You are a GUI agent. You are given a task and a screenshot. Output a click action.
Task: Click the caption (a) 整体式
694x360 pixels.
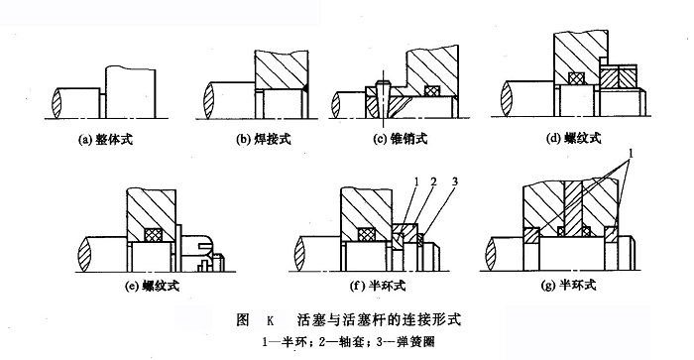point(105,140)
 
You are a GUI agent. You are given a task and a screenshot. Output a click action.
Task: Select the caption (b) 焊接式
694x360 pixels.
point(264,140)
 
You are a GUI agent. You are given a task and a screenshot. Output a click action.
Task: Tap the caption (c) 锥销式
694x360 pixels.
point(401,139)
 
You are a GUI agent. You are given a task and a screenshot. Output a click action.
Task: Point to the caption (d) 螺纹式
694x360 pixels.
point(574,138)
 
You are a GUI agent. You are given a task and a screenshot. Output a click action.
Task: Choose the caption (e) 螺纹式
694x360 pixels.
point(153,286)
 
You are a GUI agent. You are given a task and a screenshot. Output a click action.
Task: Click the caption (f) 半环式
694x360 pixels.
point(378,286)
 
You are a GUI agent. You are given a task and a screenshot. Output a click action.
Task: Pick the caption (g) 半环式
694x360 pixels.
point(569,286)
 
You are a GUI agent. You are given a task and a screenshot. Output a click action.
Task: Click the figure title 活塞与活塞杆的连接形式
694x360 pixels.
point(379,318)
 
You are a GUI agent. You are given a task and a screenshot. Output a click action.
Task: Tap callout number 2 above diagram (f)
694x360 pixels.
point(433,181)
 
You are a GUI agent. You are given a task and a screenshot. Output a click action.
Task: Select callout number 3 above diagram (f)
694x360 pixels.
point(454,181)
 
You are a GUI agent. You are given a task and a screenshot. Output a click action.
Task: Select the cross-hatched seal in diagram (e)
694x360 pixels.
point(155,235)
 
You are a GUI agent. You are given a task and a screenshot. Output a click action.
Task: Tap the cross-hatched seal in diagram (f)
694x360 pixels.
point(366,235)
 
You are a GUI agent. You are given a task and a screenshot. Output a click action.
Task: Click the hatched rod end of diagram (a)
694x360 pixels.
point(57,103)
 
